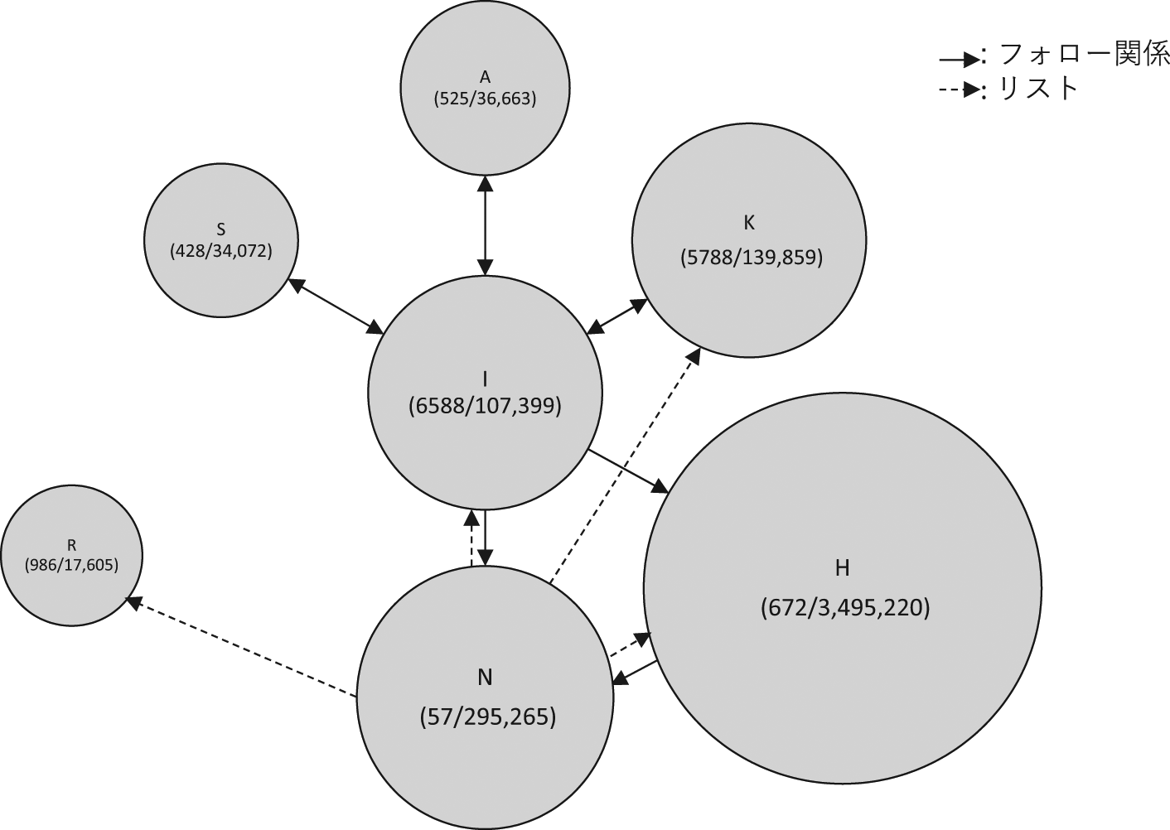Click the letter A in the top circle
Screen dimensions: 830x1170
coord(485,77)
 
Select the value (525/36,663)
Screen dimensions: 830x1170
coord(485,99)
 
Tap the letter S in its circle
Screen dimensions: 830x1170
coord(221,229)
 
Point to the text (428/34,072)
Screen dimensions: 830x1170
coord(221,250)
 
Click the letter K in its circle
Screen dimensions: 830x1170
coord(749,223)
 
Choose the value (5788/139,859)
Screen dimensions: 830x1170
coord(751,258)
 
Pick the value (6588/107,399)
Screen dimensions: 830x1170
coord(485,406)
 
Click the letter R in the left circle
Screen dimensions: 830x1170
coord(71,545)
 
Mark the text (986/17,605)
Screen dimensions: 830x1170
coord(71,565)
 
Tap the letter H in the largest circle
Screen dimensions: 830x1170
coord(842,568)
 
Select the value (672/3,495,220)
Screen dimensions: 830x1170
coord(845,608)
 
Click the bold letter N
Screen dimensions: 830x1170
coord(485,678)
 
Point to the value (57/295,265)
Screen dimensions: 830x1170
coord(487,717)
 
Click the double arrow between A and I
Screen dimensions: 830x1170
coord(485,224)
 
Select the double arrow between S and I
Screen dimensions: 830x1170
coord(335,306)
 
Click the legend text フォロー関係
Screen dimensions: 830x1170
coord(1084,55)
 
